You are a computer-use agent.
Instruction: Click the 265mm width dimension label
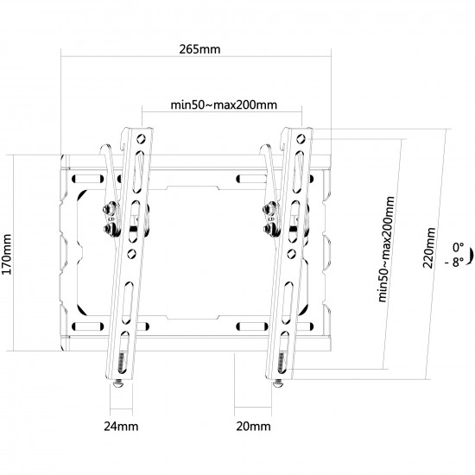[x=199, y=49]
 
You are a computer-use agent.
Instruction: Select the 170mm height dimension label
[x=7, y=255]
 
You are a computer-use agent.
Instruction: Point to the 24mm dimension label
[x=121, y=427]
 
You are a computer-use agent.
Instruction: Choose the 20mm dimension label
[x=253, y=427]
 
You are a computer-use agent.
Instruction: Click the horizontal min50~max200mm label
[x=224, y=104]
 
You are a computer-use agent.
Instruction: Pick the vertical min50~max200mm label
[x=387, y=249]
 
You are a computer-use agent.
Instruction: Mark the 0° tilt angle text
[x=458, y=247]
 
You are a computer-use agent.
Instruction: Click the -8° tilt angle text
[x=454, y=262]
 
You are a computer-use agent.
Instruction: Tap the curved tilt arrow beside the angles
[x=471, y=256]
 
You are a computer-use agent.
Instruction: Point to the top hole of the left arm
[x=141, y=139]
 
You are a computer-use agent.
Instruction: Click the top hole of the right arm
[x=301, y=139]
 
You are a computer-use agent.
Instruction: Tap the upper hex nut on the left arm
[x=110, y=208]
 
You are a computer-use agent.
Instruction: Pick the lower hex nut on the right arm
[x=269, y=228]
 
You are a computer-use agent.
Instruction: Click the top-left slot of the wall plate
[x=87, y=179]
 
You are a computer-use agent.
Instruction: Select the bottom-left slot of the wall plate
[x=87, y=326]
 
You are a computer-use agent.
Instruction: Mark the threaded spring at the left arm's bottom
[x=122, y=363]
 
